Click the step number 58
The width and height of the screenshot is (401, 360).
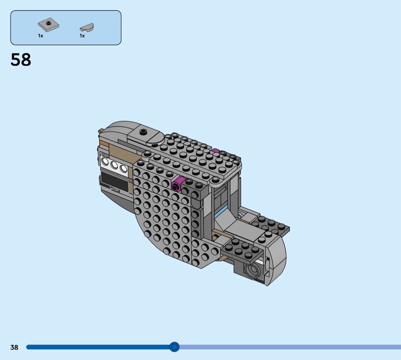pos(21,60)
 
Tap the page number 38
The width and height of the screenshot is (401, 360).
pos(15,347)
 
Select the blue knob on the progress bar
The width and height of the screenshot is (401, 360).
pos(174,347)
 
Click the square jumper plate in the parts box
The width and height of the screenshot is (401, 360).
pos(49,25)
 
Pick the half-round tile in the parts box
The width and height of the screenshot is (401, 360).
pos(87,27)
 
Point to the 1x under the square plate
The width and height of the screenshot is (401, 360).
pos(41,36)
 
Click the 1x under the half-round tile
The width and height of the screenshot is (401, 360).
pos(82,36)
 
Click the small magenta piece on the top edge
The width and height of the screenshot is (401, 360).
pos(216,151)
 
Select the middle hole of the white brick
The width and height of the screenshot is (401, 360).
pos(114,165)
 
